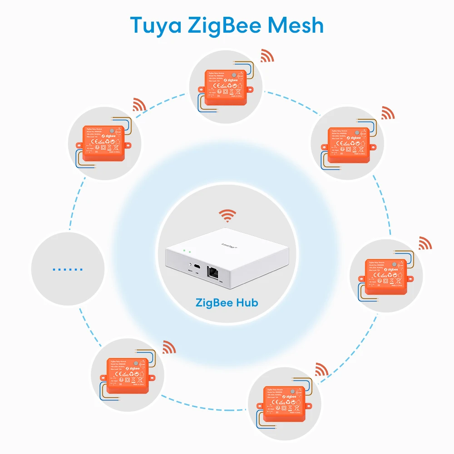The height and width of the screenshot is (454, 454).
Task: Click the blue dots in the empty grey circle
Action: pos(67,269)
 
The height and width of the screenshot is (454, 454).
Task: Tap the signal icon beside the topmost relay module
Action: pos(267,56)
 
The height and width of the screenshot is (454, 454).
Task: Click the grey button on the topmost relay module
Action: pos(233,75)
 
